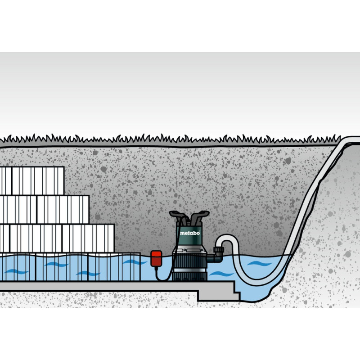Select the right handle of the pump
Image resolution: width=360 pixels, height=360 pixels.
(199, 218)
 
